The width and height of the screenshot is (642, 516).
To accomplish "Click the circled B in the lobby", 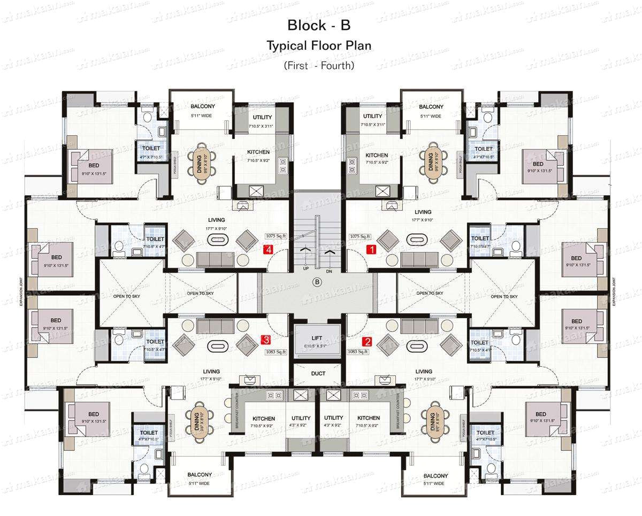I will [x=317, y=282].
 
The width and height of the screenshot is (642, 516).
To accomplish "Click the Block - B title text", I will [x=319, y=25].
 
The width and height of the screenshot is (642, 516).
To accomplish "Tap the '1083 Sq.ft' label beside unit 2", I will [x=358, y=351].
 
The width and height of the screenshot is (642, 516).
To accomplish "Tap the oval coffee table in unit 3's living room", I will [x=217, y=345].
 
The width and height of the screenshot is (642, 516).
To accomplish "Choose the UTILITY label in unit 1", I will [x=373, y=116].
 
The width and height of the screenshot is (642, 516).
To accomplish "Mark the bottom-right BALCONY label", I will [x=435, y=476].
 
